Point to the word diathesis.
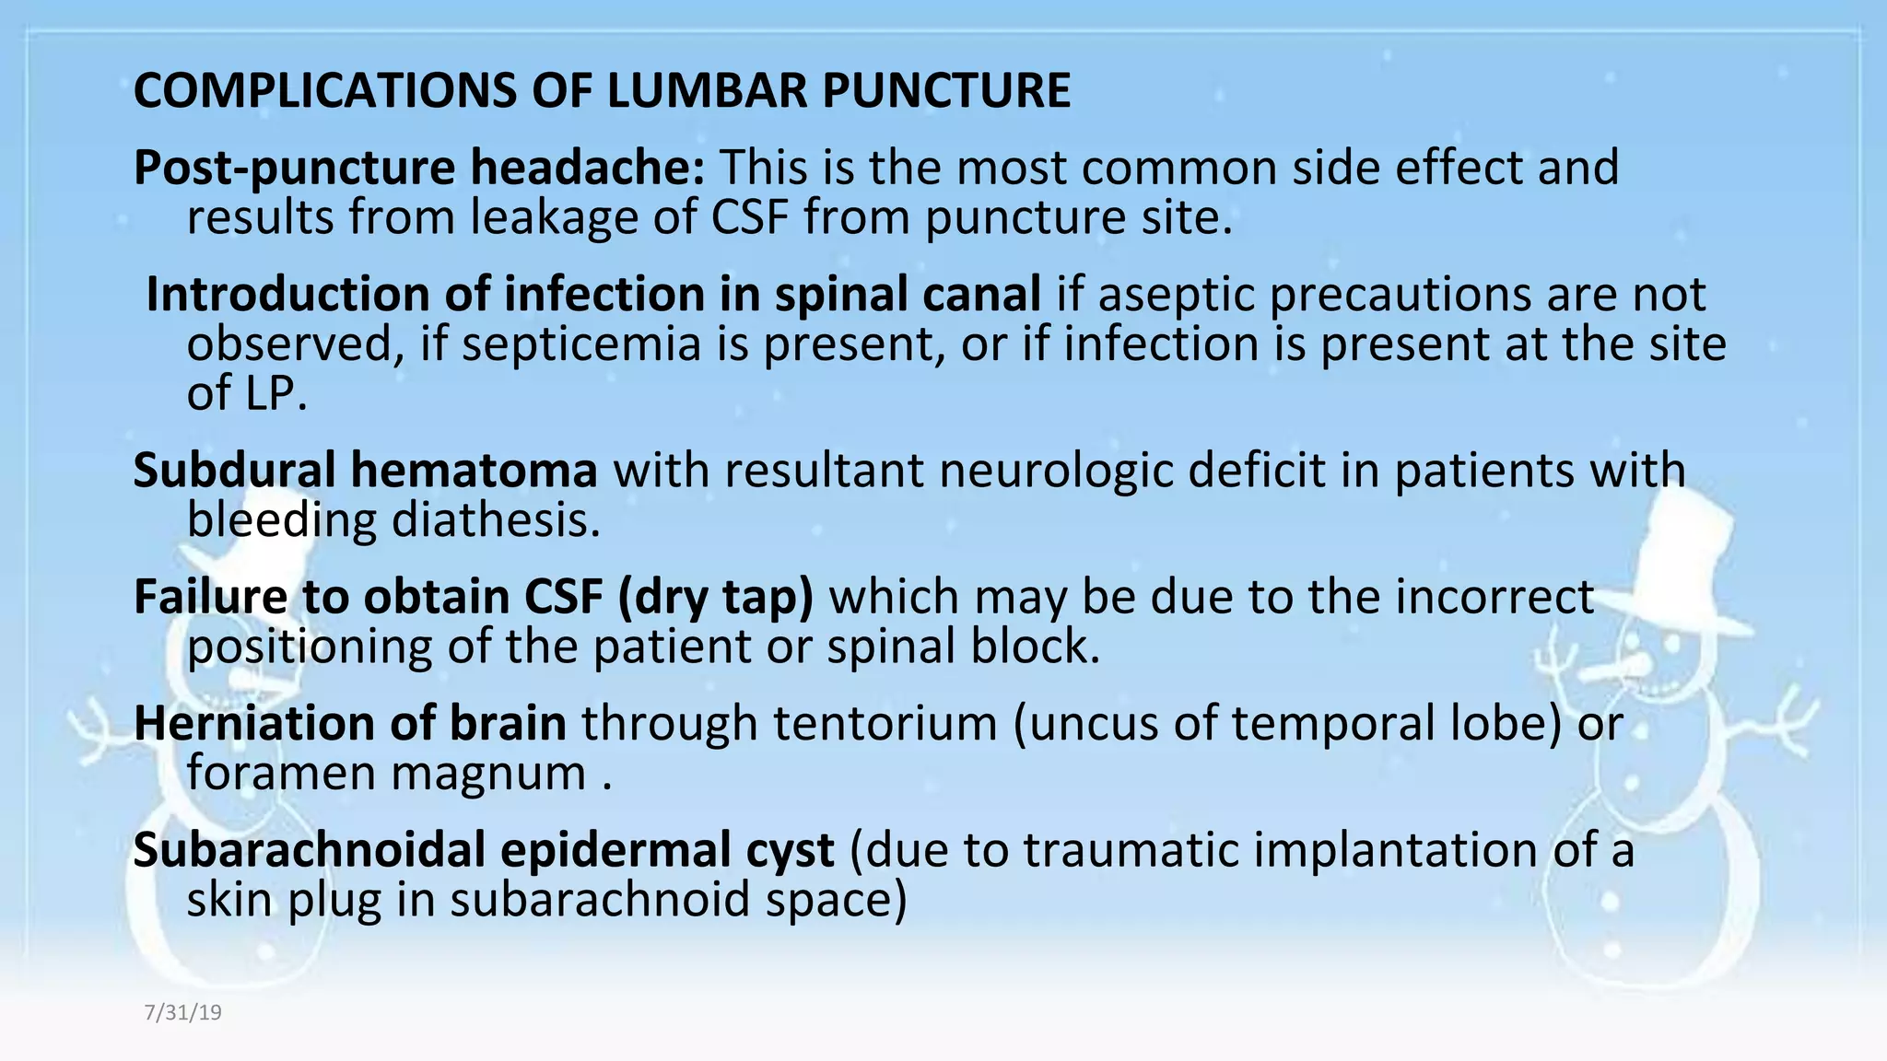(x=496, y=520)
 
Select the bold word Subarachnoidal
(x=309, y=849)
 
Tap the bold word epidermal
(x=667, y=849)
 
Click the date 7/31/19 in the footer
(x=183, y=1013)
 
